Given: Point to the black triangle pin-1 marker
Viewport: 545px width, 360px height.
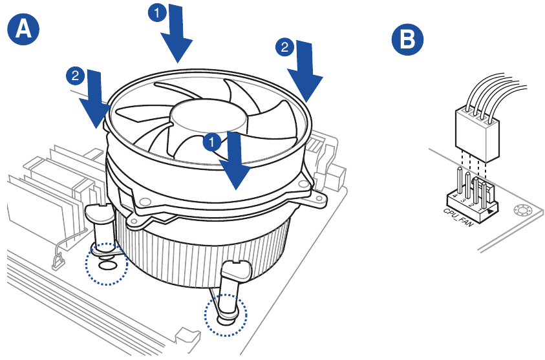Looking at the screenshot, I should point(493,209).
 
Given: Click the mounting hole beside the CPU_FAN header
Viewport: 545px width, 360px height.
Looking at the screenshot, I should point(520,210).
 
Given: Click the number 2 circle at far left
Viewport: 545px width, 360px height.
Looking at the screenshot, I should point(76,76).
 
